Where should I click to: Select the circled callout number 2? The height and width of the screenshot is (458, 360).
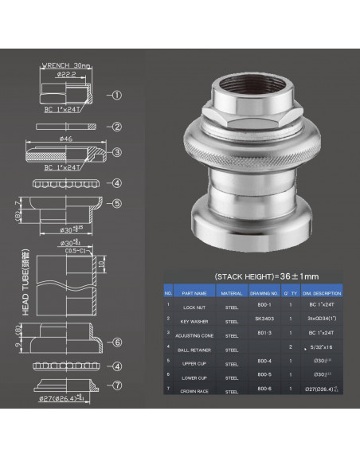(x=117, y=127)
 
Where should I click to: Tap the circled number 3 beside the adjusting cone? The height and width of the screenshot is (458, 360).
(x=117, y=153)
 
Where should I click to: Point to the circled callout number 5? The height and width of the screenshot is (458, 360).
(x=117, y=203)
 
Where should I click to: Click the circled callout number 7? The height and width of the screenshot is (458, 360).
(x=117, y=387)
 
